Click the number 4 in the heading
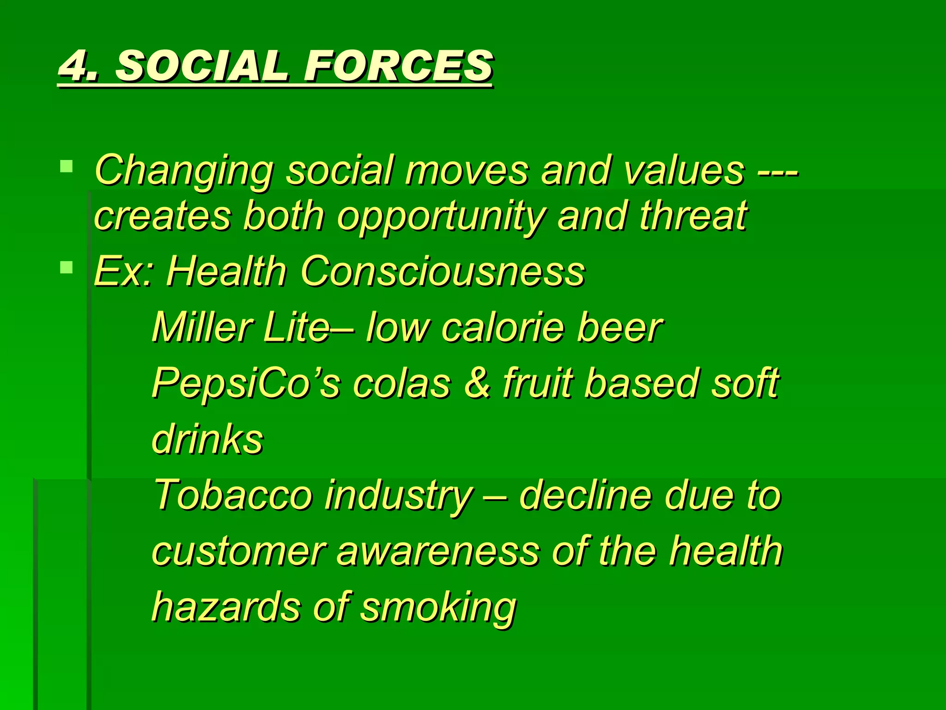click(x=76, y=66)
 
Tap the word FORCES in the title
click(x=398, y=66)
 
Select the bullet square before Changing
click(x=67, y=166)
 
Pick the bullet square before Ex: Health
click(x=67, y=267)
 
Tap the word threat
click(x=693, y=216)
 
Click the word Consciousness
click(x=442, y=271)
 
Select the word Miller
click(x=201, y=327)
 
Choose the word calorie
click(x=503, y=327)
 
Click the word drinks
click(x=207, y=439)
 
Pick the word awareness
click(x=437, y=551)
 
